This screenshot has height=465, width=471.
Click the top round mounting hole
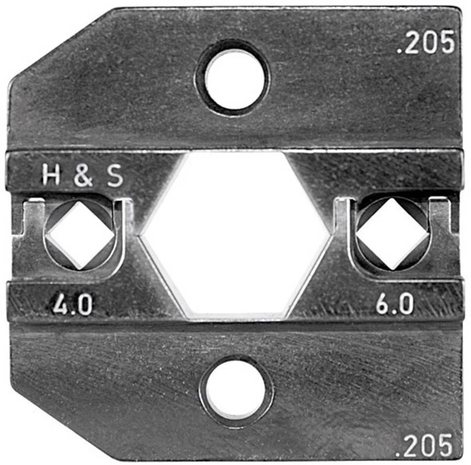tap(233, 78)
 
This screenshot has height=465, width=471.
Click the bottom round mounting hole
tap(236, 391)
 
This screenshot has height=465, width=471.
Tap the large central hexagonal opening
tap(236, 235)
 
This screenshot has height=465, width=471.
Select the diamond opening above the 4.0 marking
tap(81, 235)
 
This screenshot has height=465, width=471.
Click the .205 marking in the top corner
tap(425, 42)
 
